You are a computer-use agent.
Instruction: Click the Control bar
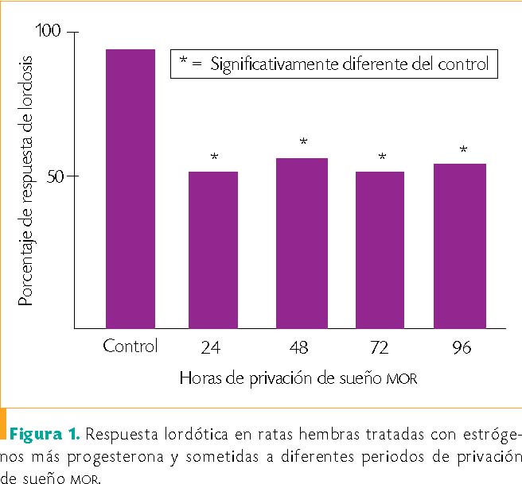pyautogui.click(x=130, y=188)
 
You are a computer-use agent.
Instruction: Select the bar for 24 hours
pyautogui.click(x=213, y=250)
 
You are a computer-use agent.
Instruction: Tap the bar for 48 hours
pyautogui.click(x=302, y=242)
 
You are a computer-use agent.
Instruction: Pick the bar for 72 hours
pyautogui.click(x=380, y=250)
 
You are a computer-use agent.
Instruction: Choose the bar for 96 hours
pyautogui.click(x=460, y=246)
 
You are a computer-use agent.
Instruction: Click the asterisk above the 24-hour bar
pyautogui.click(x=214, y=157)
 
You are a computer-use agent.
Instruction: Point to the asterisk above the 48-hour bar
pyautogui.click(x=303, y=143)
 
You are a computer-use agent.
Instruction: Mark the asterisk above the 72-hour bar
pyautogui.click(x=382, y=157)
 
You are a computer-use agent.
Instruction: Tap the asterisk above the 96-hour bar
pyautogui.click(x=462, y=149)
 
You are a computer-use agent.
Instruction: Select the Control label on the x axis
pyautogui.click(x=130, y=347)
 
